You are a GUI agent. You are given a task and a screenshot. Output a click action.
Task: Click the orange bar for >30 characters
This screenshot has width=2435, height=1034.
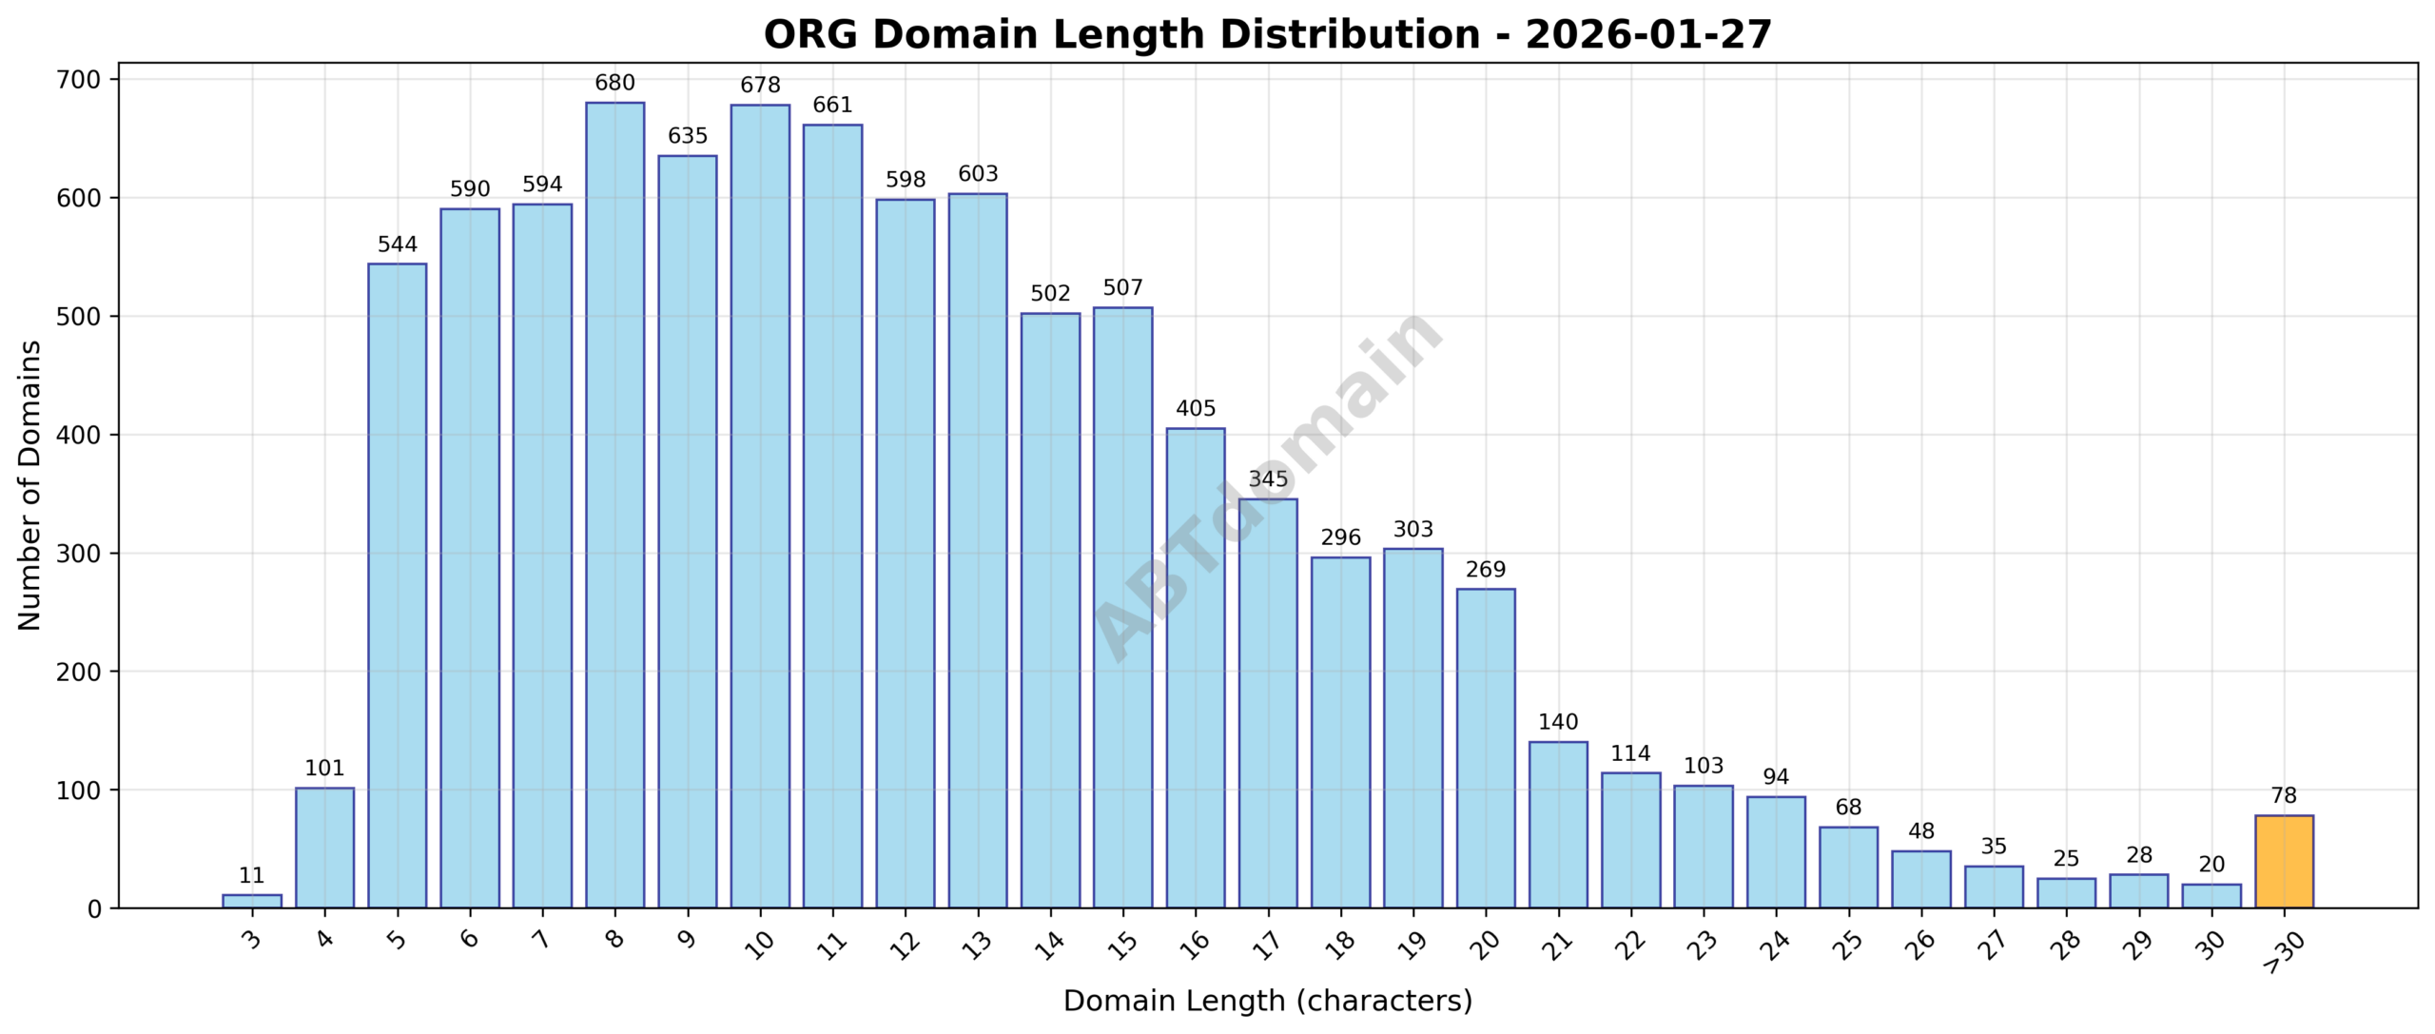pyautogui.click(x=2284, y=862)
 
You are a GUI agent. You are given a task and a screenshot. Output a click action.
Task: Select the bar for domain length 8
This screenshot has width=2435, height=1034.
pyautogui.click(x=614, y=504)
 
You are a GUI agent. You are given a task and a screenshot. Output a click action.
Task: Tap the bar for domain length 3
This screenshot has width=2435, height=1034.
pyautogui.click(x=252, y=902)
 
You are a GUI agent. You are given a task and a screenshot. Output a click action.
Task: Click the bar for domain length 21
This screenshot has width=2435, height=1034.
pyautogui.click(x=1558, y=825)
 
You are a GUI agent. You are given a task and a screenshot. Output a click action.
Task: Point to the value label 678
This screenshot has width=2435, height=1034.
pyautogui.click(x=760, y=86)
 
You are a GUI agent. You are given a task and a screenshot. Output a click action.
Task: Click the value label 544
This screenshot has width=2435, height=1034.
pyautogui.click(x=398, y=244)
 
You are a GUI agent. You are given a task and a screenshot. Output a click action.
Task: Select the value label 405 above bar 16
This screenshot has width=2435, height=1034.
pyautogui.click(x=1196, y=409)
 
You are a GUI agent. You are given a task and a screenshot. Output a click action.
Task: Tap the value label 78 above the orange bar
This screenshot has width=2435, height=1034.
pyautogui.click(x=2284, y=796)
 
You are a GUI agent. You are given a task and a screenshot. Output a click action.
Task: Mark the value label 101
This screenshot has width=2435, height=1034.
pyautogui.click(x=324, y=769)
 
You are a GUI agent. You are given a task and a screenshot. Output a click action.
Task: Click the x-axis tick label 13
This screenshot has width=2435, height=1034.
pyautogui.click(x=977, y=944)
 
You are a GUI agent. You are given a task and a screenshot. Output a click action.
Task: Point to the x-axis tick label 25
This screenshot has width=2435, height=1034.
pyautogui.click(x=1847, y=944)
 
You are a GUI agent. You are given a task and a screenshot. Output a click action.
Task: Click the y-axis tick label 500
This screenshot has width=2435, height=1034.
pyautogui.click(x=79, y=317)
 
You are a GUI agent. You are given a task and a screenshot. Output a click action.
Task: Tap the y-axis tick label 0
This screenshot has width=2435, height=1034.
pyautogui.click(x=93, y=909)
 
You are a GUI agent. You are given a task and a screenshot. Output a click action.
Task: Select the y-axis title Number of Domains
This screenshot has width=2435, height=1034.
pyautogui.click(x=30, y=485)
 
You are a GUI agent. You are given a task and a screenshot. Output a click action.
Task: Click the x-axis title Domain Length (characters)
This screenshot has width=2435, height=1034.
pyautogui.click(x=1267, y=1001)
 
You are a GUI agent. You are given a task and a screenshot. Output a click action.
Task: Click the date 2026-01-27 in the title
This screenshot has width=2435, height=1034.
pyautogui.click(x=1647, y=35)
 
